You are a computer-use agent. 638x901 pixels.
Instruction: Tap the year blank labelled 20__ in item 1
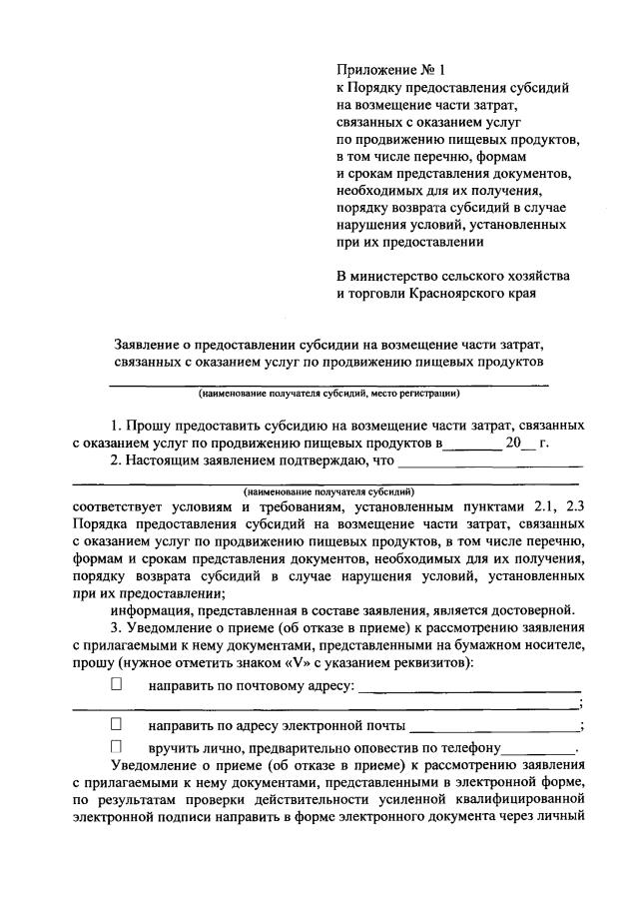520,443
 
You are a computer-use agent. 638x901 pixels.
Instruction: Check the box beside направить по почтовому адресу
116,686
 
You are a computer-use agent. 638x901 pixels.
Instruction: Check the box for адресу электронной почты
116,724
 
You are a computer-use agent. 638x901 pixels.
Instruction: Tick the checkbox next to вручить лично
116,746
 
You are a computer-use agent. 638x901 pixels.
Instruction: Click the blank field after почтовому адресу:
469,688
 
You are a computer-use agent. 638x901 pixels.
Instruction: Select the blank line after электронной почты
493,726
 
